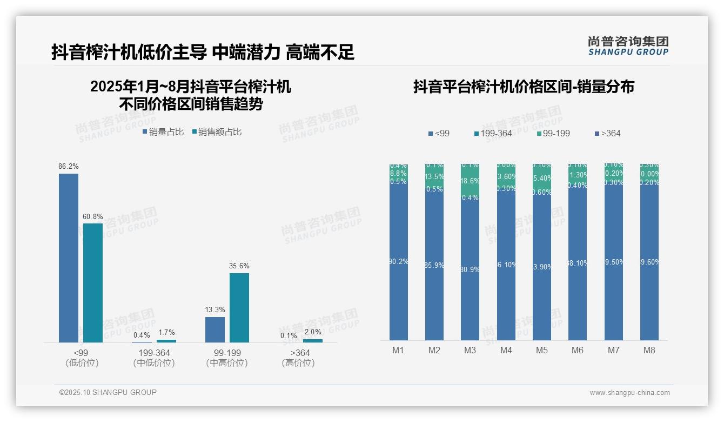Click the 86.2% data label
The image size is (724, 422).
click(69, 167)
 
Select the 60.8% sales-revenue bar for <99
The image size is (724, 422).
click(93, 282)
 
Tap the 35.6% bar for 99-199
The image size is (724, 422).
click(239, 307)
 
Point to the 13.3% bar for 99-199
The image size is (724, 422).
click(215, 329)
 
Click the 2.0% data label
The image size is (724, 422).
click(313, 332)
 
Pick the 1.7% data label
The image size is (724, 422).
click(166, 333)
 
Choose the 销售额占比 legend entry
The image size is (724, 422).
click(216, 132)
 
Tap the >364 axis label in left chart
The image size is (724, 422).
click(298, 353)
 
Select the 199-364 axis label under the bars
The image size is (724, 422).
click(154, 353)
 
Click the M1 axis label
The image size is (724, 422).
click(398, 350)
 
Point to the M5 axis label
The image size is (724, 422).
click(542, 350)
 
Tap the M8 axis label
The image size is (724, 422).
click(649, 350)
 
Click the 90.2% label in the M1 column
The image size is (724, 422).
click(399, 262)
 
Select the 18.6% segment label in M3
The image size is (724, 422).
click(470, 181)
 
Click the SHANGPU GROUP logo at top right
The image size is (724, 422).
click(628, 46)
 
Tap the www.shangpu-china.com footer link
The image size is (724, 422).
click(629, 393)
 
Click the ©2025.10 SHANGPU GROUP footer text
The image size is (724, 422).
click(108, 392)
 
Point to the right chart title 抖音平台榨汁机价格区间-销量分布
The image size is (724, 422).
click(524, 87)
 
